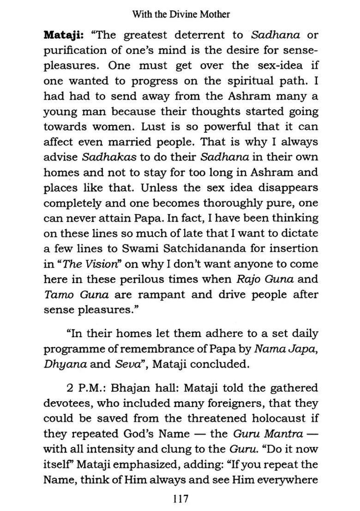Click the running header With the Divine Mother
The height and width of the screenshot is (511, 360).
(x=181, y=14)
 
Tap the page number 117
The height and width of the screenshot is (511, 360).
(x=180, y=498)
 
